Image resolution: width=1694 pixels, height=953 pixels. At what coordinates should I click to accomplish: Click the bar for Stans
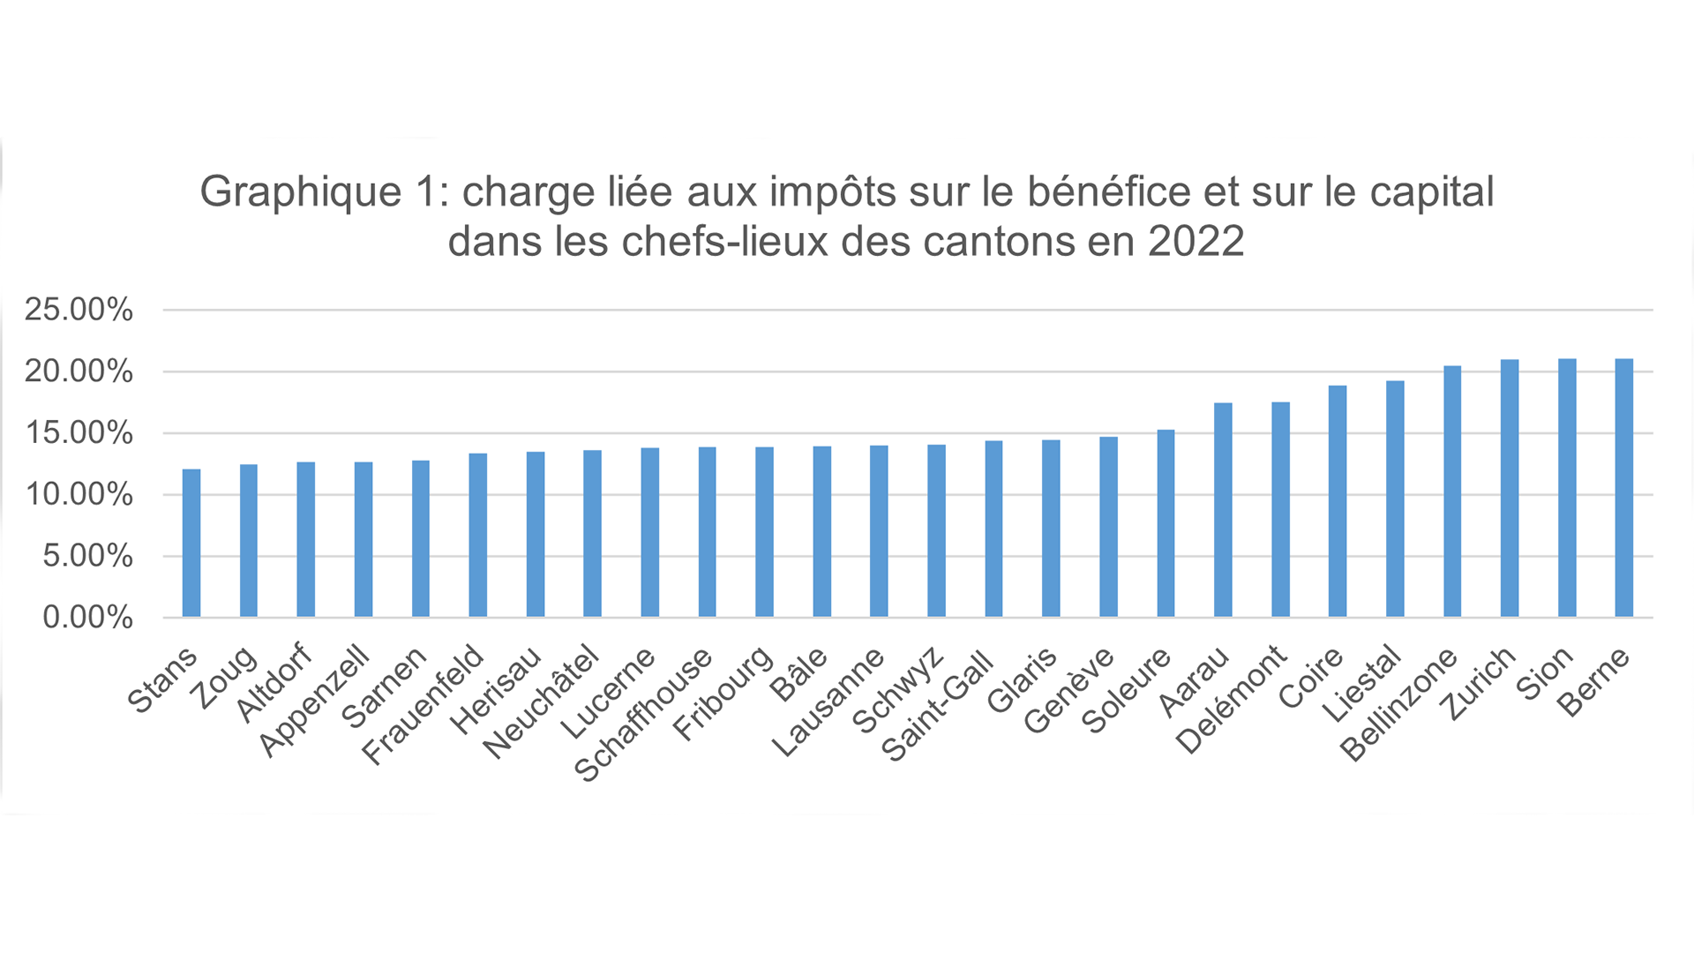tap(191, 543)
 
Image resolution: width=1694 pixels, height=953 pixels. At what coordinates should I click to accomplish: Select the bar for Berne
tap(1623, 488)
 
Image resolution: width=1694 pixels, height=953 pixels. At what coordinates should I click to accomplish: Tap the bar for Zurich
tap(1510, 488)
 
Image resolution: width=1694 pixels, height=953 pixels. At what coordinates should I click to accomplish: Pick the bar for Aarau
tap(1223, 510)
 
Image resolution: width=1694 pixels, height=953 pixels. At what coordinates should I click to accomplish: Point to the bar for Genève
tap(1108, 527)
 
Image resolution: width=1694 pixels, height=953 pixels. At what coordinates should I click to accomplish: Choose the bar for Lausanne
tap(879, 531)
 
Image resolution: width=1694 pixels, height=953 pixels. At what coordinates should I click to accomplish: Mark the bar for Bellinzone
tap(1452, 492)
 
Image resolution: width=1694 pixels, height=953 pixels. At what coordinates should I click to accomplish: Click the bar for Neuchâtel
tap(592, 534)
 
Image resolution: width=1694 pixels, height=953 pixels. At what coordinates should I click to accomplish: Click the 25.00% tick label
tap(79, 310)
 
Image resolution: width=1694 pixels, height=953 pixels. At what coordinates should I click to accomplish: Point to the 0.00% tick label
tap(87, 617)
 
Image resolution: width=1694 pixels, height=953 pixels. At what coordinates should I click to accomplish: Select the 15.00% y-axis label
tap(79, 433)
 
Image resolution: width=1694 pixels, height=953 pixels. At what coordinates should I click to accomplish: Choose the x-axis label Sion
tap(1544, 673)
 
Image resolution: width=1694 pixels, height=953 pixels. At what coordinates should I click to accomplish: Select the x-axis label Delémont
tap(1232, 701)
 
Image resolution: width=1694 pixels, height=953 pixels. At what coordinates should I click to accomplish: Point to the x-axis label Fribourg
tap(723, 694)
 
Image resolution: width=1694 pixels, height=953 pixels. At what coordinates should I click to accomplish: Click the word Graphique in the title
tap(301, 191)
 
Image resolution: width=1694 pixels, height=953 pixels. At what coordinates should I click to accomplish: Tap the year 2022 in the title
tap(1196, 241)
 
